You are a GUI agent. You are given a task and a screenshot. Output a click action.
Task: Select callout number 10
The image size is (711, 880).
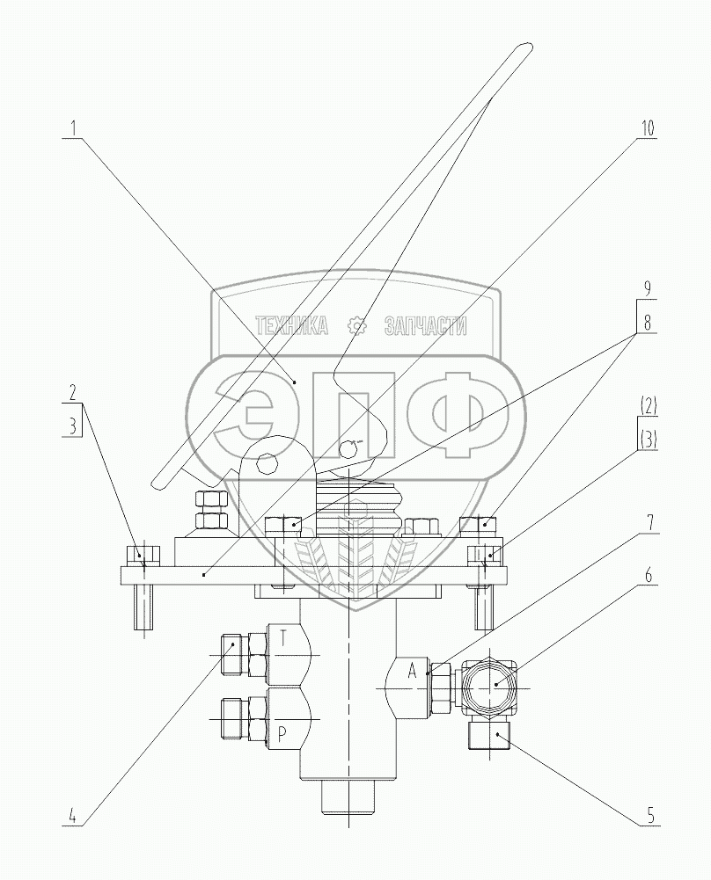[647, 128]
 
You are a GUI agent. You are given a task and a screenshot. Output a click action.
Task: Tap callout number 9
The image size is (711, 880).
[648, 289]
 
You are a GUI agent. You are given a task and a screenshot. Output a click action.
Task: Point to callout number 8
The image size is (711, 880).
[648, 324]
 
